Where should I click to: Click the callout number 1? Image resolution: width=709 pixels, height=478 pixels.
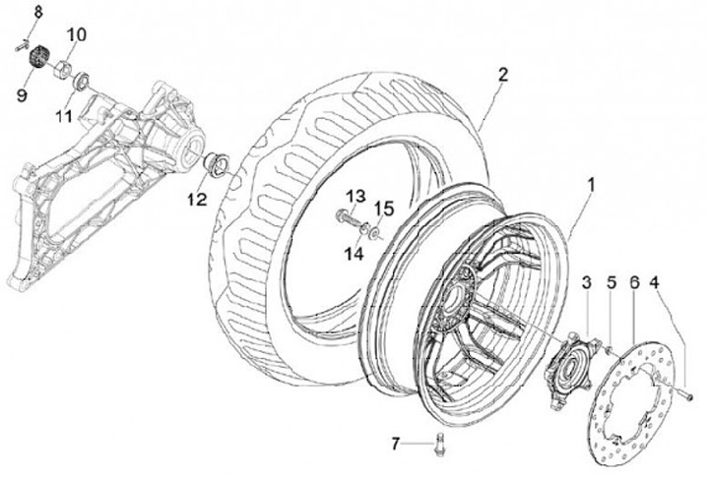(x=593, y=184)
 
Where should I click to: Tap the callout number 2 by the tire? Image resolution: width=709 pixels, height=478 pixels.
(x=503, y=75)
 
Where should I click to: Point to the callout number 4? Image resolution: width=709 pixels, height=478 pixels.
(x=657, y=282)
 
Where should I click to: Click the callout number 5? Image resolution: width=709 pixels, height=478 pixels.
(x=611, y=282)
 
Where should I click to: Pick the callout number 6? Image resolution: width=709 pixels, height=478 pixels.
(x=634, y=282)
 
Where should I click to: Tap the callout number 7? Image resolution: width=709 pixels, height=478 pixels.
(x=397, y=445)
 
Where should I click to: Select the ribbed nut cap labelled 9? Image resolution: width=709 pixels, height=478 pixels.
(x=40, y=55)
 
